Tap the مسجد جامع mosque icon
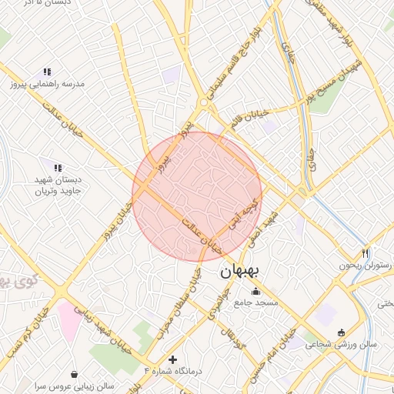(x=256, y=292)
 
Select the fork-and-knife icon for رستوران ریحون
(x=366, y=253)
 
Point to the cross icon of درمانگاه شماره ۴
(x=172, y=359)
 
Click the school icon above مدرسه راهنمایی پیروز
(x=47, y=72)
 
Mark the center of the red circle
(x=197, y=197)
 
